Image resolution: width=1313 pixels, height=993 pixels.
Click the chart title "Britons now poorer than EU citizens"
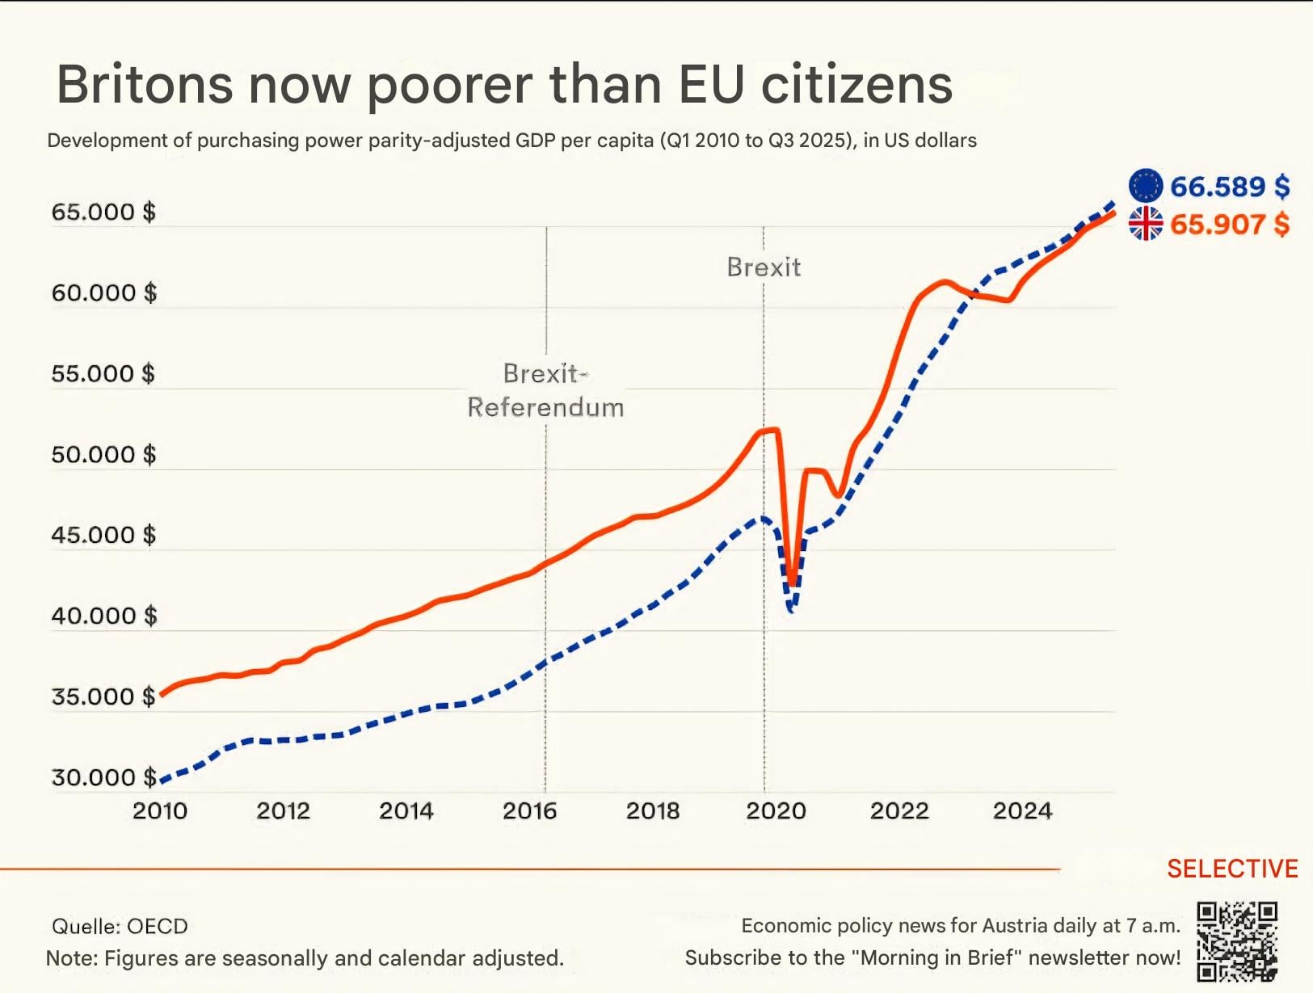point(504,85)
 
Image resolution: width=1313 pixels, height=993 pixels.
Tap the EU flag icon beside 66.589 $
point(1145,186)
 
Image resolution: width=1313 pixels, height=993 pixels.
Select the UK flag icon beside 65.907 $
point(1145,224)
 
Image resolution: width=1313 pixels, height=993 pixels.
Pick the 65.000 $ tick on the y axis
point(103,212)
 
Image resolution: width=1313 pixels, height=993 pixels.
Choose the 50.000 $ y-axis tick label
point(103,454)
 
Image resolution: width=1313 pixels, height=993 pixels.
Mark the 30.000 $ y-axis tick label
point(103,777)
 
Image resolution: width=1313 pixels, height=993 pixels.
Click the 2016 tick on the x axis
point(529,810)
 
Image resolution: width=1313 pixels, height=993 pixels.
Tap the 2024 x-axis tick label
point(1022,810)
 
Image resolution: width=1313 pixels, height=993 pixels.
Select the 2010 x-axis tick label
point(159,810)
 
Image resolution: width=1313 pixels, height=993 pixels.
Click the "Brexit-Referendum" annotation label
point(545,390)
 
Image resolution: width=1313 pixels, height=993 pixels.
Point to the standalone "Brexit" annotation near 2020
point(764,267)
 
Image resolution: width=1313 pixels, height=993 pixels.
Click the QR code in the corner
point(1236,941)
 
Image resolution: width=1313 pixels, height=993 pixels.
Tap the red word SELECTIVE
point(1232,869)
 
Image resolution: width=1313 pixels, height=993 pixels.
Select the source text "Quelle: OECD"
point(120,926)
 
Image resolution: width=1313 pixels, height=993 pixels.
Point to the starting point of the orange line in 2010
point(162,694)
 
